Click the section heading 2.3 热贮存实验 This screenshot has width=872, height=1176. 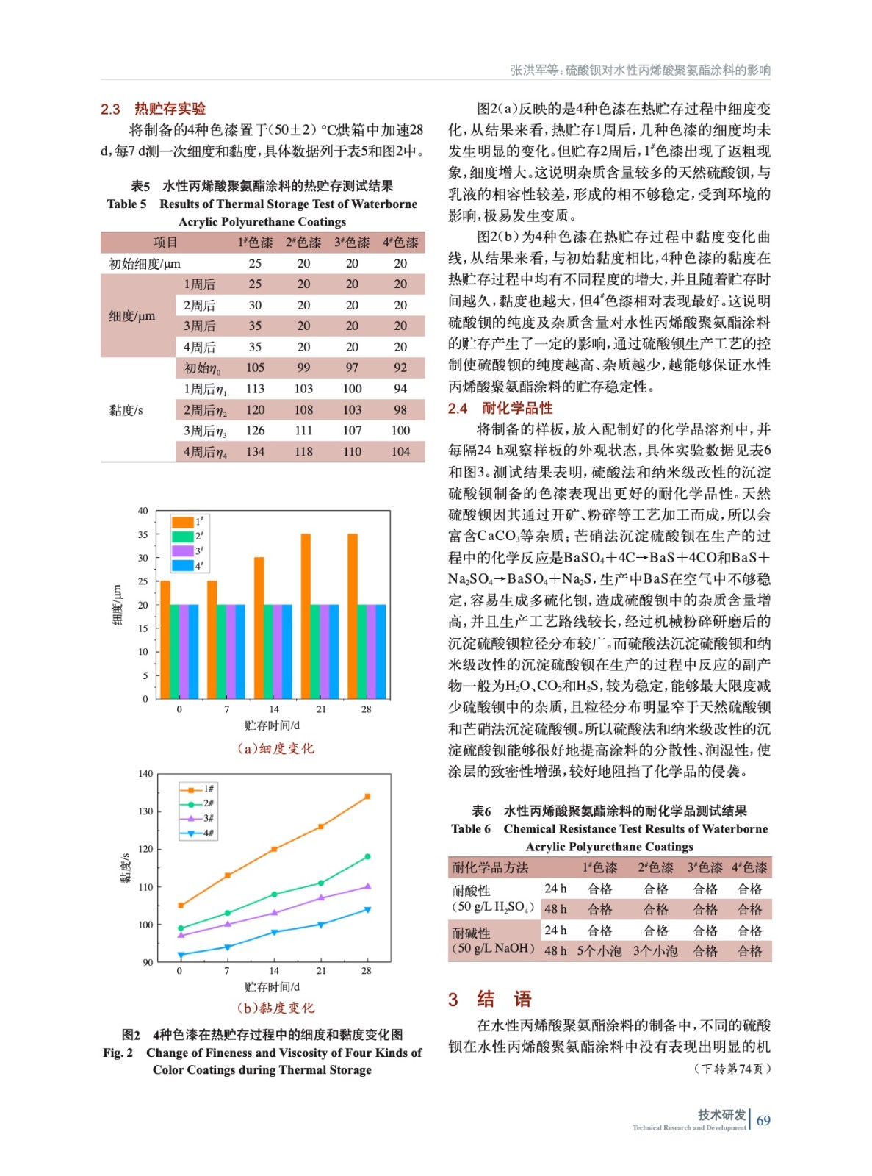coord(153,109)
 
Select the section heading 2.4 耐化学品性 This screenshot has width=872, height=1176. coord(500,408)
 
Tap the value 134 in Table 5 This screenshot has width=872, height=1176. coord(255,451)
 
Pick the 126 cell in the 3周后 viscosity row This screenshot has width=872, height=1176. coord(255,431)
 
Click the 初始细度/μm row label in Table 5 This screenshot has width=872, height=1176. coord(145,263)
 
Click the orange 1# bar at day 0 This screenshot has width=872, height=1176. coord(165,639)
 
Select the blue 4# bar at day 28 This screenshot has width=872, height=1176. coord(381,651)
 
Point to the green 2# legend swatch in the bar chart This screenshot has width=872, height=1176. coord(182,537)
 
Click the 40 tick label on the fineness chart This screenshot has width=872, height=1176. coord(143,511)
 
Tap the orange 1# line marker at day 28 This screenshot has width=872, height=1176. coord(367,796)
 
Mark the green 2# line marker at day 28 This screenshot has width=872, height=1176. coord(367,856)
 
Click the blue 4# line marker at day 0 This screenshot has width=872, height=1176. coord(181,955)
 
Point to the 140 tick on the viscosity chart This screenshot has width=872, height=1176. coord(145,774)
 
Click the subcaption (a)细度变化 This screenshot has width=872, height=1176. coord(275,748)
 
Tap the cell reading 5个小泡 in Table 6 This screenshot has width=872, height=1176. coord(599,951)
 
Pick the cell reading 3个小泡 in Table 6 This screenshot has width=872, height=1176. coord(655,951)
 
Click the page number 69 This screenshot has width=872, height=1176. coord(763,1121)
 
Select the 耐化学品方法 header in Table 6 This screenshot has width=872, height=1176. coord(490,867)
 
